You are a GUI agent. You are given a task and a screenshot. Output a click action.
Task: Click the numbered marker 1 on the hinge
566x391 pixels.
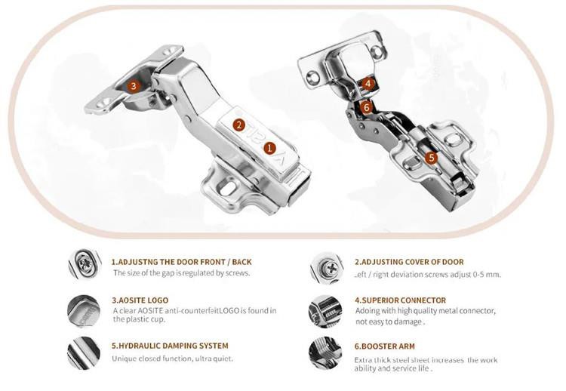pos(269,148)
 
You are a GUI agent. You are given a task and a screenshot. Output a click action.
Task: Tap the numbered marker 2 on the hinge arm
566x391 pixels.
pos(238,125)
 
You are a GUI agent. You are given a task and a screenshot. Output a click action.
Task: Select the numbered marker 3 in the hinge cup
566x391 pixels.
pos(134,86)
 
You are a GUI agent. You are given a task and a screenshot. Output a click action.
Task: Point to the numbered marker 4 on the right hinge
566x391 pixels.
pos(368,84)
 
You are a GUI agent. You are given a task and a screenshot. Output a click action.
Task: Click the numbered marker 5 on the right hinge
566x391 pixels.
pos(431,158)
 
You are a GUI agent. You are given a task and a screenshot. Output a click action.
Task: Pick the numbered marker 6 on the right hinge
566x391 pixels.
pos(366,107)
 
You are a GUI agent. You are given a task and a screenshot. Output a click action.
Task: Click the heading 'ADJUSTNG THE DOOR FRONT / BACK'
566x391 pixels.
pos(182,262)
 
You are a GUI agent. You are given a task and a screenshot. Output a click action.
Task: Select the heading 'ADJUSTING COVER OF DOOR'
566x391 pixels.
pos(409,262)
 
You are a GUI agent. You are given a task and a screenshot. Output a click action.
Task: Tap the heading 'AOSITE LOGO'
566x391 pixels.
pos(140,300)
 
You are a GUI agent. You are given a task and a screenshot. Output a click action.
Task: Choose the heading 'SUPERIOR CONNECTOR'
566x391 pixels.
pos(400,300)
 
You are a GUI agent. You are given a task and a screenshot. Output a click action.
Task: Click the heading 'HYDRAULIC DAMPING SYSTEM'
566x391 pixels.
pos(170,346)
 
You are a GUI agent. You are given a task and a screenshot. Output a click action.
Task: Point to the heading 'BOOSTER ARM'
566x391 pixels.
pos(384,346)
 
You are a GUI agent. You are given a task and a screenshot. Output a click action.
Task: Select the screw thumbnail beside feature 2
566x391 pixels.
pos(326,267)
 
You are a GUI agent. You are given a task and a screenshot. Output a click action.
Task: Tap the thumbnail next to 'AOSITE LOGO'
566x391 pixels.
pos(83,311)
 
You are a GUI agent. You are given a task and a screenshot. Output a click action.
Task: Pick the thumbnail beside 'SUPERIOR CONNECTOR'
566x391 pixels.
pos(325,311)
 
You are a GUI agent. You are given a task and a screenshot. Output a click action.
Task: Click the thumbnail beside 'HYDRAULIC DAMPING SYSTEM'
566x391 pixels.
pos(84,353)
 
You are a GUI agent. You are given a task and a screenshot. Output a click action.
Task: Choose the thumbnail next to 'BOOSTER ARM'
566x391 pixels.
pos(325,353)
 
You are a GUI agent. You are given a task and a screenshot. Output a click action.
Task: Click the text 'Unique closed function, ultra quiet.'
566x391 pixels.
pos(173,359)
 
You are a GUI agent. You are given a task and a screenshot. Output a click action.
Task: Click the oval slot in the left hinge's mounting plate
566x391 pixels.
pos(228,188)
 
